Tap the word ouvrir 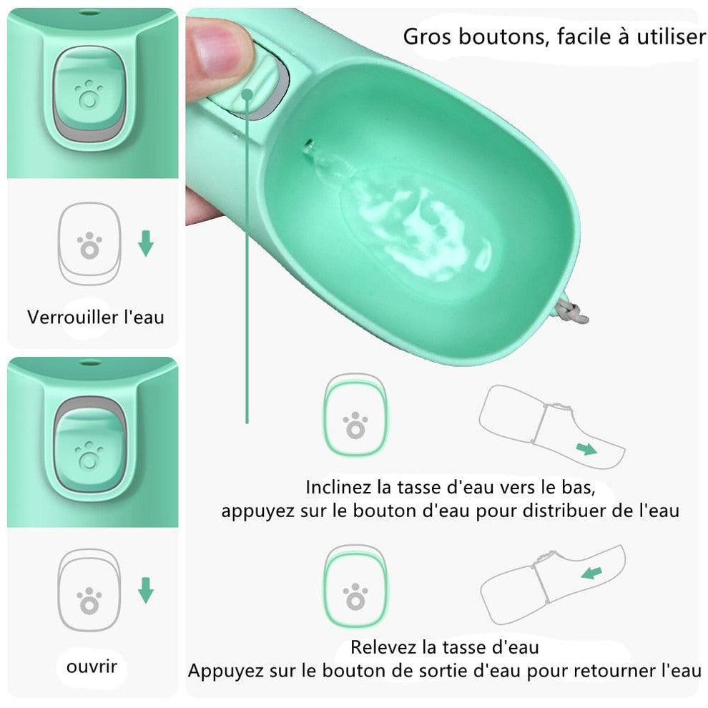click(92, 667)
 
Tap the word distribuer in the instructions click(551, 511)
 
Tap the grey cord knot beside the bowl click(571, 312)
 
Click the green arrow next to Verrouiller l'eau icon click(145, 243)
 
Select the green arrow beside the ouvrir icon click(145, 590)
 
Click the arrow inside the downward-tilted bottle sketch click(586, 449)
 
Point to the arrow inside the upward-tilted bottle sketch click(591, 573)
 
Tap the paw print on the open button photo click(89, 455)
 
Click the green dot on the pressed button click(247, 94)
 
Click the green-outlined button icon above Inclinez click(355, 416)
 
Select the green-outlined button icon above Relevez click(355, 587)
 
